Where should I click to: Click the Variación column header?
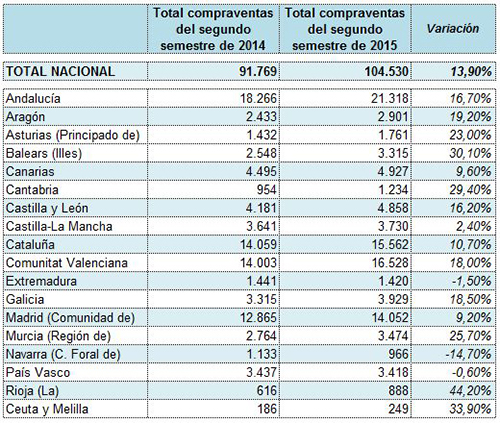(x=453, y=29)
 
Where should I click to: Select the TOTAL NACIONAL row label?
(x=60, y=71)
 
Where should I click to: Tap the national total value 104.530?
(x=386, y=71)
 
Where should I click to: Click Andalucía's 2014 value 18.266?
(x=258, y=98)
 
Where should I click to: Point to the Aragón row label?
(x=25, y=117)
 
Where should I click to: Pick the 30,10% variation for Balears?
(x=470, y=153)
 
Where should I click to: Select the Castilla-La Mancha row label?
(x=59, y=226)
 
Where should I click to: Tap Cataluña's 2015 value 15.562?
(x=390, y=245)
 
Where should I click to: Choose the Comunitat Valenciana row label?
(x=67, y=263)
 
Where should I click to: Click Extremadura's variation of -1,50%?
(x=472, y=281)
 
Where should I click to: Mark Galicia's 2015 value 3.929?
(x=393, y=299)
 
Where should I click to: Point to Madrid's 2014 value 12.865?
(x=258, y=318)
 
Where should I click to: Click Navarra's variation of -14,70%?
(x=469, y=354)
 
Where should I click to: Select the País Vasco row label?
(x=38, y=372)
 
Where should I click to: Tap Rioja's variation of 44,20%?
(x=470, y=391)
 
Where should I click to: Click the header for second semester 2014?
(x=213, y=29)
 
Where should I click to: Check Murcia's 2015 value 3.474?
(x=393, y=336)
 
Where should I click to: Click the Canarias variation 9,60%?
(x=474, y=172)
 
